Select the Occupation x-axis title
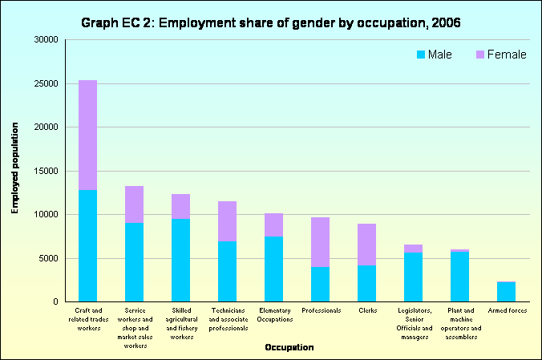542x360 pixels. pyautogui.click(x=289, y=348)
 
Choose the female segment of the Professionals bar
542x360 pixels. pyautogui.click(x=320, y=242)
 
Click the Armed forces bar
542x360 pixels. pyautogui.click(x=506, y=292)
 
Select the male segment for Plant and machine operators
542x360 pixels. pyautogui.click(x=459, y=277)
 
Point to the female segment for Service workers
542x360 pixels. pyautogui.click(x=134, y=204)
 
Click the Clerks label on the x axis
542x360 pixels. pyautogui.click(x=366, y=310)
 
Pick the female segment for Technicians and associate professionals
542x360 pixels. pyautogui.click(x=227, y=221)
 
